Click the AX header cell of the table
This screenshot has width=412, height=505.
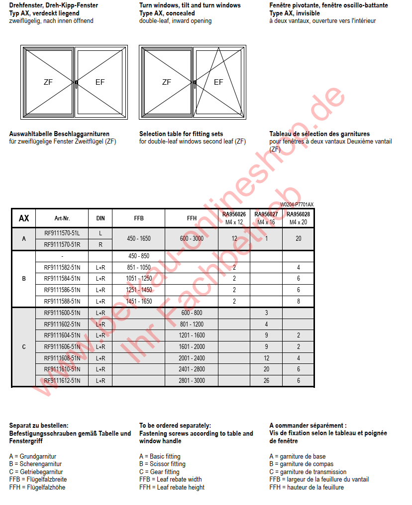pyautogui.click(x=24, y=218)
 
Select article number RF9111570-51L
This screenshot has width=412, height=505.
pyautogui.click(x=62, y=233)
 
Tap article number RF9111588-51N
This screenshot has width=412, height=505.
pyautogui.click(x=62, y=301)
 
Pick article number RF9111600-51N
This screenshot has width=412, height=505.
pyautogui.click(x=62, y=313)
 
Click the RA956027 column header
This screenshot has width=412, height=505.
pyautogui.click(x=266, y=218)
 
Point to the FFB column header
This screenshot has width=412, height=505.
pyautogui.click(x=138, y=218)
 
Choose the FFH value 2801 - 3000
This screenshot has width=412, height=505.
pyautogui.click(x=192, y=380)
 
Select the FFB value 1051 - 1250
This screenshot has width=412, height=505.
pyautogui.click(x=138, y=279)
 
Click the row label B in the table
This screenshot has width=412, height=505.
pyautogui.click(x=24, y=279)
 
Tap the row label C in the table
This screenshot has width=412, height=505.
pyautogui.click(x=24, y=346)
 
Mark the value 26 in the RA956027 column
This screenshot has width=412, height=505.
pyautogui.click(x=266, y=380)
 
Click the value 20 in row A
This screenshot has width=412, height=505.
pyautogui.click(x=298, y=239)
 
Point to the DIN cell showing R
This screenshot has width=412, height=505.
pyautogui.click(x=100, y=244)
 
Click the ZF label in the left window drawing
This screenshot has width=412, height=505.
pyautogui.click(x=48, y=82)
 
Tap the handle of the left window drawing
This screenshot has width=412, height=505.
pyautogui.click(x=76, y=83)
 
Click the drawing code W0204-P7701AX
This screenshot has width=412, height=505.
pyautogui.click(x=297, y=204)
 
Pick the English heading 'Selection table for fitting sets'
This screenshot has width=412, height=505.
pyautogui.click(x=181, y=134)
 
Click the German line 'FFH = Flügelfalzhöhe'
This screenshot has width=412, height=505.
pyautogui.click(x=37, y=487)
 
